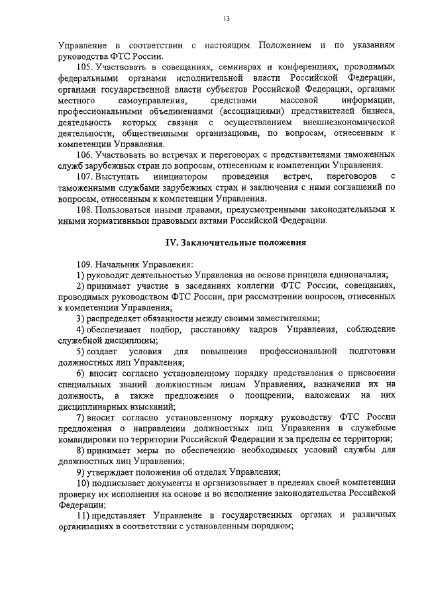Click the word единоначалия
pos(358,275)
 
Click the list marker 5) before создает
pos(79,351)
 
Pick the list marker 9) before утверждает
pos(79,472)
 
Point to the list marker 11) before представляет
pos(81,515)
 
